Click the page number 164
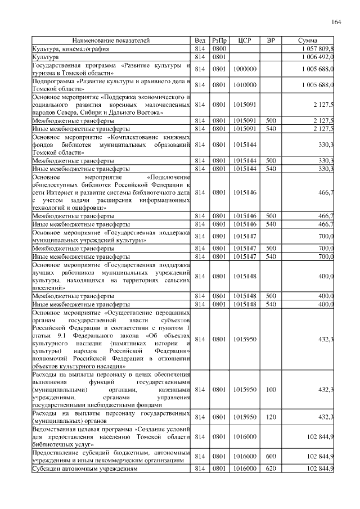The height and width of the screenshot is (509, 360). (336, 22)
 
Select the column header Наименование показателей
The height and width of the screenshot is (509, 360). (111, 41)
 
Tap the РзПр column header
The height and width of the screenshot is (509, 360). (219, 41)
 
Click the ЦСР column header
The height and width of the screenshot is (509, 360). (244, 41)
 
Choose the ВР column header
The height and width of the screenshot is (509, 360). (271, 41)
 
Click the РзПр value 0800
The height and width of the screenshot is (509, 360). (219, 49)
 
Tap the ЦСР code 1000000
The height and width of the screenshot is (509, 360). (244, 69)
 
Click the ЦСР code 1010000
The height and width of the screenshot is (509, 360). (244, 84)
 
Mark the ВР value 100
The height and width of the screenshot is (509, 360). (271, 389)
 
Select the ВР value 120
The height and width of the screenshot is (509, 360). (271, 417)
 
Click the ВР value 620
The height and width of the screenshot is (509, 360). (271, 468)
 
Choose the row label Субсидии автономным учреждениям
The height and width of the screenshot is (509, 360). (85, 468)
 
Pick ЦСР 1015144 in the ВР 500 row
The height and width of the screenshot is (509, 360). (244, 160)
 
